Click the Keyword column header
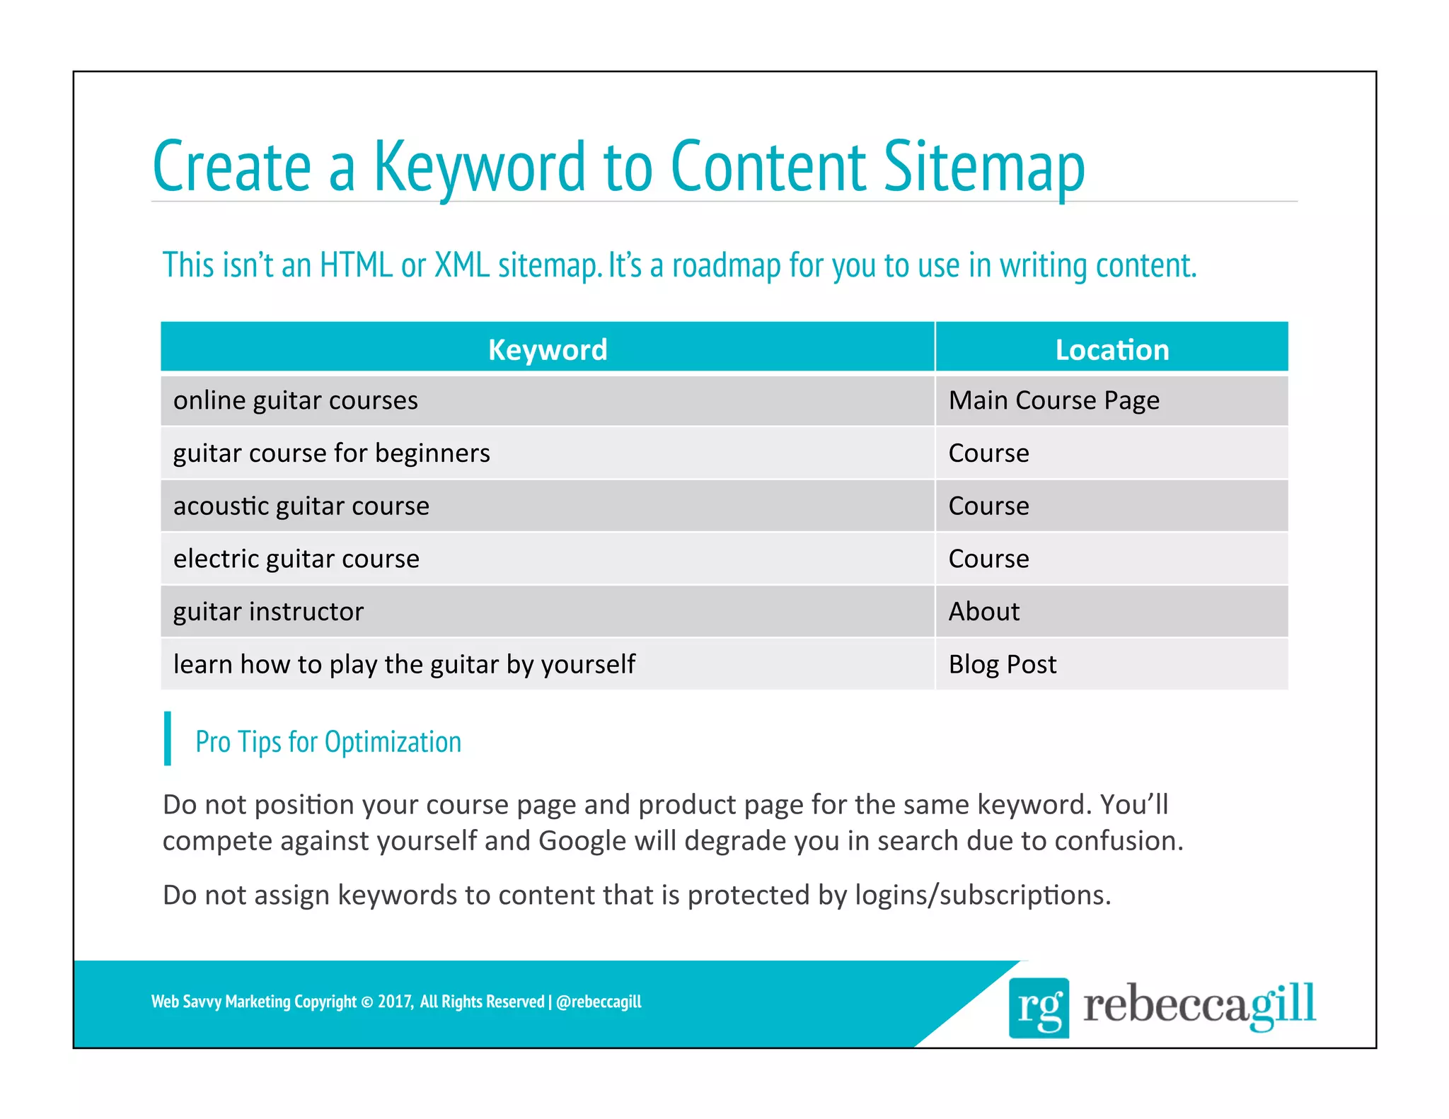[547, 349]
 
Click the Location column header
[1112, 349]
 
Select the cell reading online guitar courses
[296, 401]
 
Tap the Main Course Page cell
[1053, 401]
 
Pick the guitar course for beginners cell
[331, 453]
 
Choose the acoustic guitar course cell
[301, 506]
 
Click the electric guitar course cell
[296, 559]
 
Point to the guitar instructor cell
[268, 612]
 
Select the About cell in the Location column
[983, 612]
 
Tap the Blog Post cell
[1002, 665]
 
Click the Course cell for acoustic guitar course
[988, 506]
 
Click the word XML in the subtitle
[462, 265]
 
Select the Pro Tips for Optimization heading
[328, 742]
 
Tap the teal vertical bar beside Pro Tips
[168, 738]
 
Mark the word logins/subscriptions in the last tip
[983, 895]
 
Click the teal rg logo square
[1039, 1007]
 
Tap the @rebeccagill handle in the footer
[599, 1002]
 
